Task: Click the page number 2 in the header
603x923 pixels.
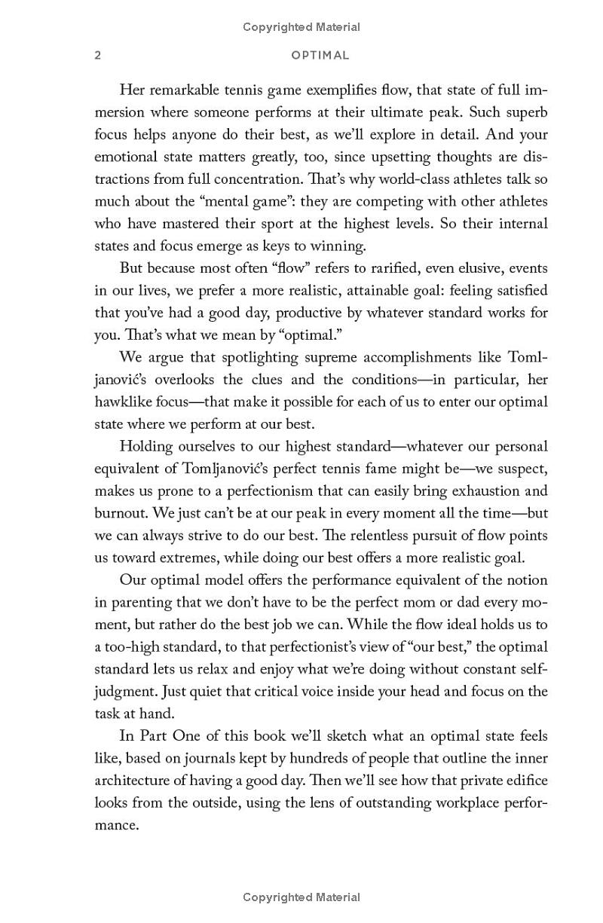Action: [x=98, y=55]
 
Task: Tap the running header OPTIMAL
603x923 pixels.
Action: [x=320, y=55]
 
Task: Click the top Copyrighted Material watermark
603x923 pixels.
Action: [x=301, y=27]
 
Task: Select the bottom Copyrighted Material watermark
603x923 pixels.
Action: [x=301, y=897]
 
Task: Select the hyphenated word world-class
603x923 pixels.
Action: [x=375, y=179]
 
